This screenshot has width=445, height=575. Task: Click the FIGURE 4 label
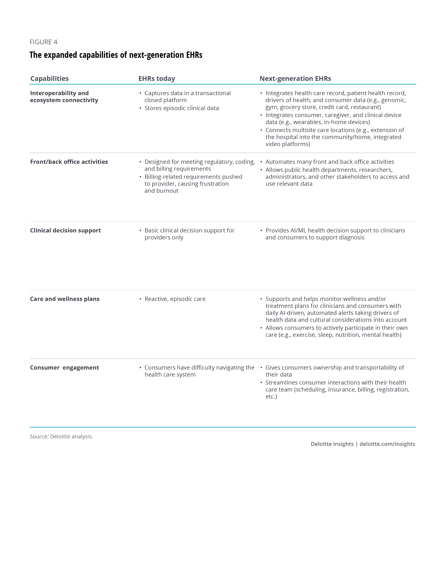pos(43,42)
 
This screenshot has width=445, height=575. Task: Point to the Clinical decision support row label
pos(65,230)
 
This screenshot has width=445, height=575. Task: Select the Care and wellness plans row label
pos(65,299)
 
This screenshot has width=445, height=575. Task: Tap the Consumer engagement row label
pos(64,367)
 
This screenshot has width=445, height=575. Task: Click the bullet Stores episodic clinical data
pos(182,108)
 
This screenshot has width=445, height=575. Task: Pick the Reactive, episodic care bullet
pos(175,299)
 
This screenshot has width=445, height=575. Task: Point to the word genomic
pos(393,100)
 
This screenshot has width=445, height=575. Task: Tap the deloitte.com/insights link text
pos(387,444)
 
